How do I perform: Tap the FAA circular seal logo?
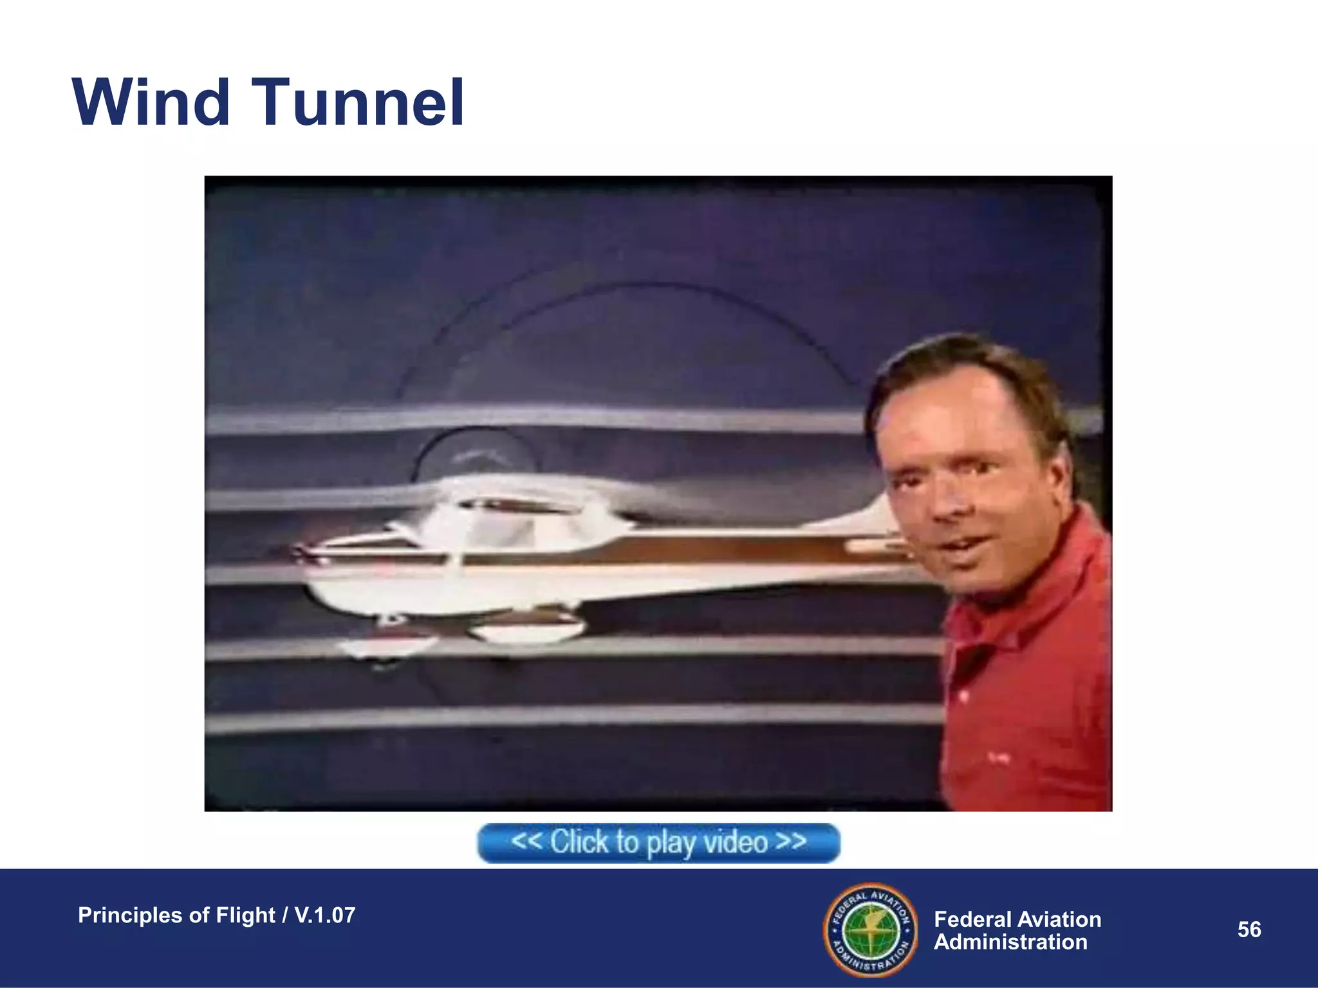871,929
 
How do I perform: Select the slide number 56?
1249,929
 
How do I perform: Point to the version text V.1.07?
324,915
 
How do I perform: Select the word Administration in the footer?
1010,942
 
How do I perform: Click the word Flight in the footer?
245,915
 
